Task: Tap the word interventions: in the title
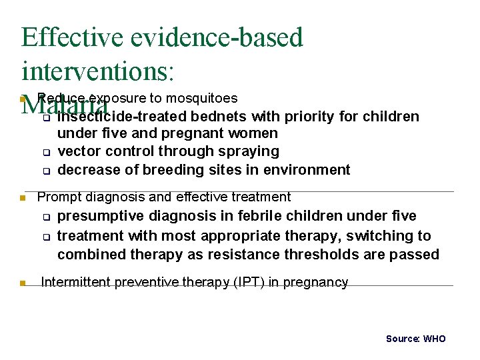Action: coord(97,69)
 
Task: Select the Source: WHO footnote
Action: coord(415,339)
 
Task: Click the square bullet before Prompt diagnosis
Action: coord(23,198)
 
